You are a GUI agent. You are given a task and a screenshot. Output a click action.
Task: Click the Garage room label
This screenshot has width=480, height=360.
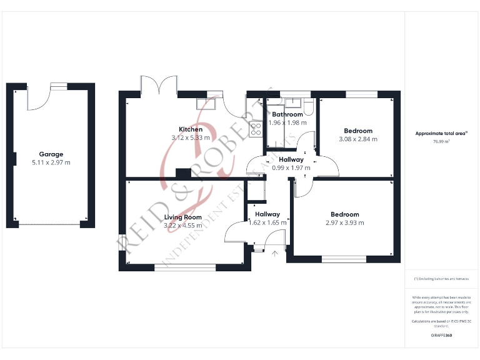(51, 154)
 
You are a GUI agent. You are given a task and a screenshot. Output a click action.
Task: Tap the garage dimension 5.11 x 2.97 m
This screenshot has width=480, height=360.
(51, 162)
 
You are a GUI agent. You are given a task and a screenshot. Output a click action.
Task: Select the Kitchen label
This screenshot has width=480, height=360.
(191, 129)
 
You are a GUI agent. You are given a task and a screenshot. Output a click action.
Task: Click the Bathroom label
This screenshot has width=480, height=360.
(287, 114)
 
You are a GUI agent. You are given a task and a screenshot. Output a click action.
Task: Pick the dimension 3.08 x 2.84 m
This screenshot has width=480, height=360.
(358, 139)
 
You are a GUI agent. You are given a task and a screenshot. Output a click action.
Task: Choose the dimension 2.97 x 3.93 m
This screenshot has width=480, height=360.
(345, 222)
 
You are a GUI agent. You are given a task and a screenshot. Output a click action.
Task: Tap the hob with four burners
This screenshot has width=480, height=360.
(256, 129)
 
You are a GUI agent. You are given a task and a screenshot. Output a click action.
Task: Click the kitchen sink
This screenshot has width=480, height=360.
(206, 104)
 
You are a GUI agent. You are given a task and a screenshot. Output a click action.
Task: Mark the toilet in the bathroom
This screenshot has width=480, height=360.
(308, 104)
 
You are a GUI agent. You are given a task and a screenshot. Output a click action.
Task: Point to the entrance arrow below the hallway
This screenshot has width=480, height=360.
(275, 254)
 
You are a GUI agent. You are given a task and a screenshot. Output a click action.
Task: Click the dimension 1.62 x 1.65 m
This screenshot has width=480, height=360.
(267, 222)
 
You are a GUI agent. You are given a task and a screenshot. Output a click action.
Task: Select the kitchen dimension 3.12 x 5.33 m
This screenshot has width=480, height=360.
(191, 137)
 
